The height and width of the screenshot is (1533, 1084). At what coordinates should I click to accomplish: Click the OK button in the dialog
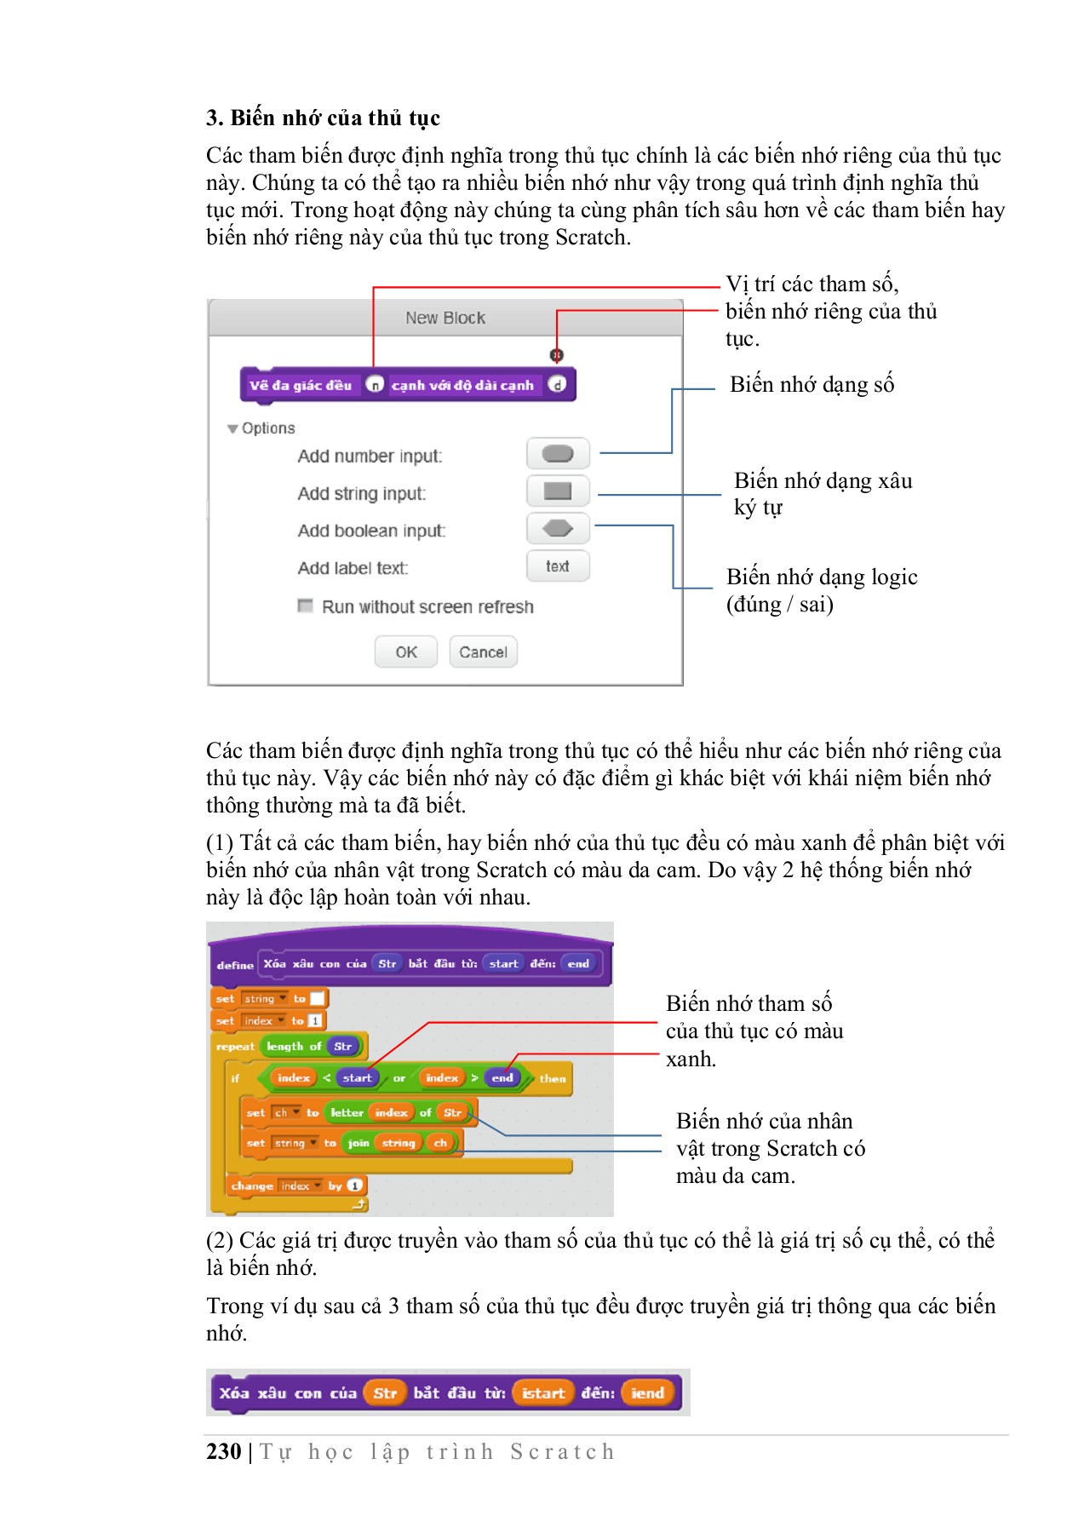[406, 652]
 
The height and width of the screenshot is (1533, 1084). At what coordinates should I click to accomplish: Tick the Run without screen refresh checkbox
[305, 606]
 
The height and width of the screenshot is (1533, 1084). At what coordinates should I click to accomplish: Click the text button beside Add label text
[558, 566]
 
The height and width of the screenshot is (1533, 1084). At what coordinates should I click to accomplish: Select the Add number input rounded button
[558, 454]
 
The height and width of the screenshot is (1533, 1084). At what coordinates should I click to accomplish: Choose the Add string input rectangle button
[558, 491]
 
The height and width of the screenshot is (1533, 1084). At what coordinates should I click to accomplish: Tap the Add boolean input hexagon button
[558, 529]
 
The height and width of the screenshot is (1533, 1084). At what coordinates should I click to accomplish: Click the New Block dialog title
[445, 318]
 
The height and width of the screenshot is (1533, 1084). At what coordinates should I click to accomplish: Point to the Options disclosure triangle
[232, 428]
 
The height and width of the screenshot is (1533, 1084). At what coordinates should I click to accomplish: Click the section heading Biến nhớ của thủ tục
[323, 118]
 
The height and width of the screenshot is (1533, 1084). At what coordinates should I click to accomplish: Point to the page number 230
[224, 1451]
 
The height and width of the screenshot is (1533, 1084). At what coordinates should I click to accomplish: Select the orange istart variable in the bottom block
[543, 1393]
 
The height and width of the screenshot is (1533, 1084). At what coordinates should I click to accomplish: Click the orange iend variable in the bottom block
[648, 1393]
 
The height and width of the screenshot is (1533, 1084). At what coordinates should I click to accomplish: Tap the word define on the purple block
[235, 965]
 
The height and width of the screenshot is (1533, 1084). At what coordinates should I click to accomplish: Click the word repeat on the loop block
[235, 1047]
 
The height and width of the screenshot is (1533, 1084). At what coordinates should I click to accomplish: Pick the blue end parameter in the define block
[578, 964]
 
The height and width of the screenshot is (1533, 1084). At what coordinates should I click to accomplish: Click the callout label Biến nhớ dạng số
[812, 384]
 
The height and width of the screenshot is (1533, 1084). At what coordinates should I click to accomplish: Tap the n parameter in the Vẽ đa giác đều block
[375, 385]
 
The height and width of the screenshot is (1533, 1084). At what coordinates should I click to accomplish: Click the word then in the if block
[553, 1078]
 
